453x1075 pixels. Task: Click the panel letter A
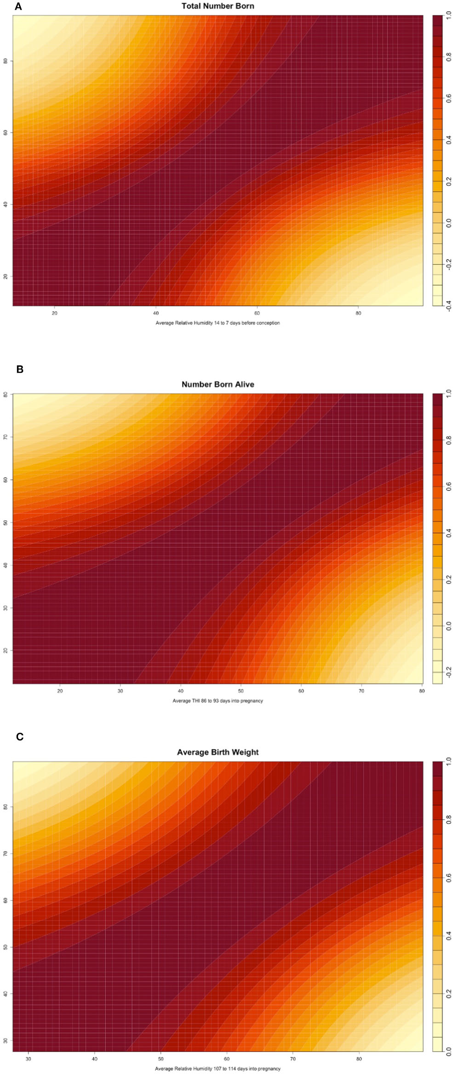coord(18,6)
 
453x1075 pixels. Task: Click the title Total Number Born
coord(218,6)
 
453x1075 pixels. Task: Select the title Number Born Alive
coord(218,384)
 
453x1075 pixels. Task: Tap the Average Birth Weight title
coord(218,752)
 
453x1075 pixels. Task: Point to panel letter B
coord(20,369)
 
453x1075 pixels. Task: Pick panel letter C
coord(20,737)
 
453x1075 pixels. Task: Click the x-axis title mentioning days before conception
coord(218,323)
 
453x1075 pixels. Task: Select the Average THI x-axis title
coord(218,701)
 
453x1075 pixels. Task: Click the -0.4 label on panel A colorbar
coord(448,305)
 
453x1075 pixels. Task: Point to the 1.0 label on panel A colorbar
coord(448,16)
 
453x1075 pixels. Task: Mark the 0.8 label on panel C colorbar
coord(448,819)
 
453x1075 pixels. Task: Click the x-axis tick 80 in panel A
coord(358,313)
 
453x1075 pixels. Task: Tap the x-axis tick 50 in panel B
coord(241,691)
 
